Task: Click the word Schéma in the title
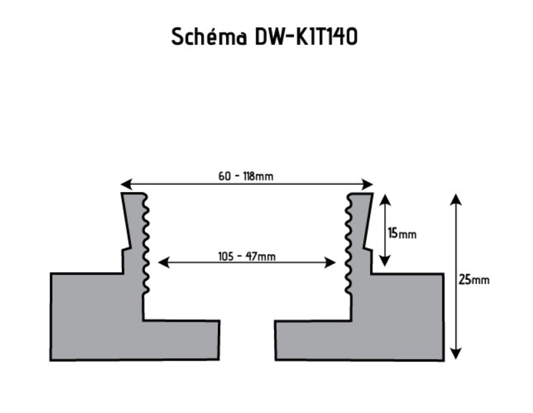209,37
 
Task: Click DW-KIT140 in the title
306,37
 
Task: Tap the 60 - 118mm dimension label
246,176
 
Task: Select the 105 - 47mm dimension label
246,256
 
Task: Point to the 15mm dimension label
403,233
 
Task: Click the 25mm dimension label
474,279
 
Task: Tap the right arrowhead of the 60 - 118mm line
369,185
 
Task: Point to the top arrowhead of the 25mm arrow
456,199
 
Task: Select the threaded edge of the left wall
146,245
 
